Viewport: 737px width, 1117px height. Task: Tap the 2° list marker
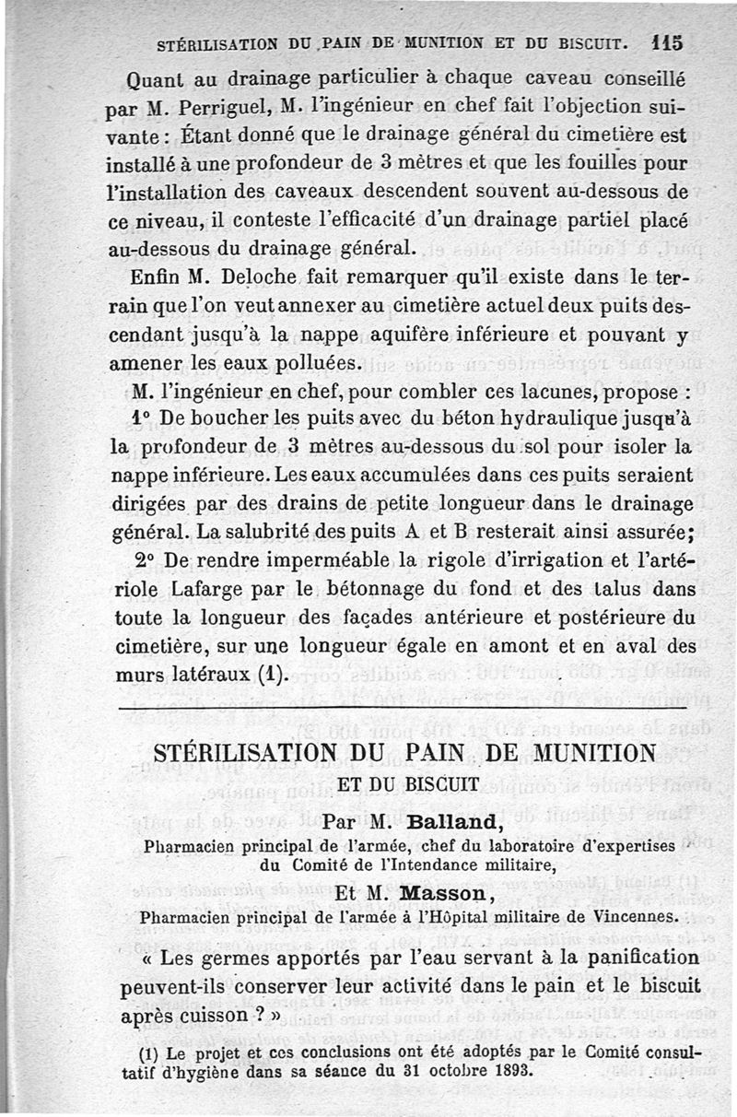tap(142, 562)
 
